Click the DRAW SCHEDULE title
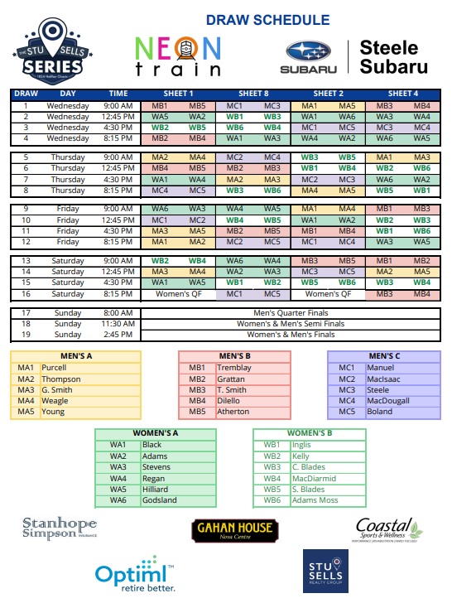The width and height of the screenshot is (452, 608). [267, 20]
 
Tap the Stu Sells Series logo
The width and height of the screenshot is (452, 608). [51, 51]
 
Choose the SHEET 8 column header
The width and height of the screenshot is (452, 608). [254, 94]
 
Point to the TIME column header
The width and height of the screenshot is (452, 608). [118, 94]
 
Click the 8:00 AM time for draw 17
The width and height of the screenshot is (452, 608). [118, 312]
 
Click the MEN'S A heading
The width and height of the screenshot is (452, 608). [77, 356]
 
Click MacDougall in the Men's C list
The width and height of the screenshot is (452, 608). [385, 400]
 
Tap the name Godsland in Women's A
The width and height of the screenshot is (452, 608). [160, 500]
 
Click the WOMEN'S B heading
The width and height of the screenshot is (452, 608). [309, 433]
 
